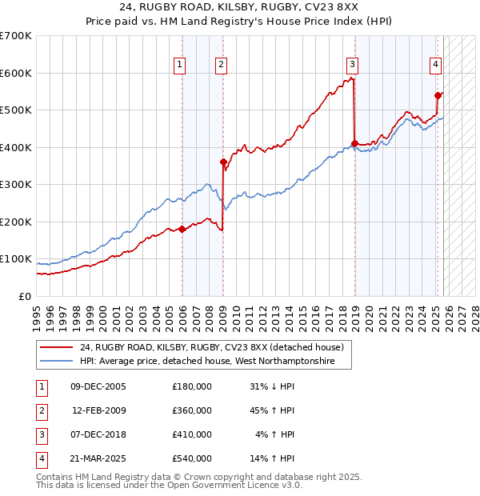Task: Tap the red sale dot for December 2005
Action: pos(182,230)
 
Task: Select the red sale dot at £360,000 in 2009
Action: pos(223,162)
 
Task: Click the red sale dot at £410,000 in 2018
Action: pos(354,144)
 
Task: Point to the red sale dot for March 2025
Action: pos(438,95)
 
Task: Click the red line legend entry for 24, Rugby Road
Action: pos(211,347)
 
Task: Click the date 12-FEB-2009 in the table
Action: pos(99,410)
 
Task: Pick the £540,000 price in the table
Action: pos(192,458)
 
